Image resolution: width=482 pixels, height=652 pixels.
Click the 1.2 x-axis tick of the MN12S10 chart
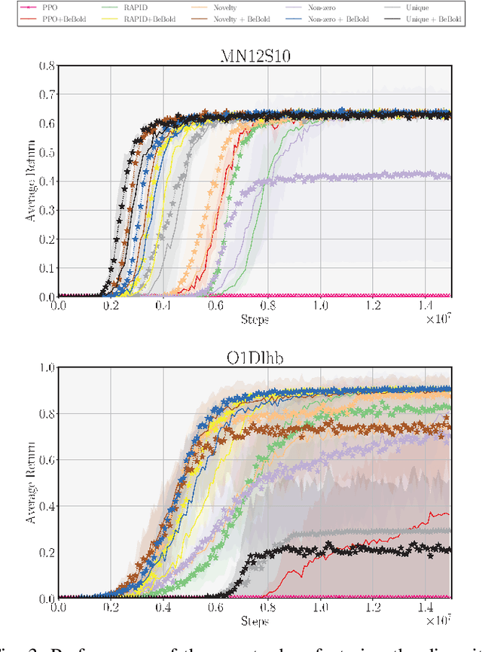(374, 306)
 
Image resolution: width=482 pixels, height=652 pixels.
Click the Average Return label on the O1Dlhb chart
(31, 483)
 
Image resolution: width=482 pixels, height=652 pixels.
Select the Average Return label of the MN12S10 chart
(31, 181)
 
